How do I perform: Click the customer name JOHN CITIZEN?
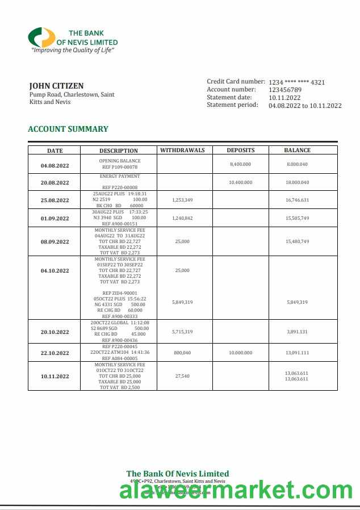(x=56, y=86)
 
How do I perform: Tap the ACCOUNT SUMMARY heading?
(x=68, y=129)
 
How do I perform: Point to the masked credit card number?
(x=296, y=82)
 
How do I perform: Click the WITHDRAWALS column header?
(x=182, y=151)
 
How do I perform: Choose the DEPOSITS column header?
(x=240, y=151)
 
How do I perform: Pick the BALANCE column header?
(x=297, y=151)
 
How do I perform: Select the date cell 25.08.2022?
(x=55, y=200)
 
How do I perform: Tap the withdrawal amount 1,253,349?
(x=182, y=200)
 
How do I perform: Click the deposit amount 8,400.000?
(x=240, y=164)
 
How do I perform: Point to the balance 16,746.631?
(x=297, y=200)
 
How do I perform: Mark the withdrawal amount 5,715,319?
(x=182, y=332)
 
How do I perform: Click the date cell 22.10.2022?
(x=55, y=353)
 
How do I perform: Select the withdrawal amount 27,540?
(x=182, y=376)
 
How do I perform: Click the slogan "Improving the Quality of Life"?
(x=73, y=51)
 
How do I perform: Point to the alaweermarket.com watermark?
(x=236, y=490)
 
